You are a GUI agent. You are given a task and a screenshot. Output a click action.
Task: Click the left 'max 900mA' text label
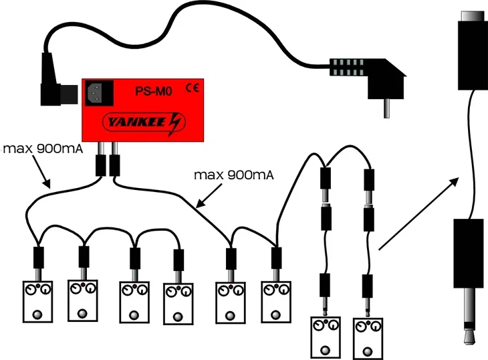(42, 147)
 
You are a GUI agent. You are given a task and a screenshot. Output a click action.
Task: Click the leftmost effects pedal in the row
(33, 302)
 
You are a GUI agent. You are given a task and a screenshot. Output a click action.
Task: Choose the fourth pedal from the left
(178, 303)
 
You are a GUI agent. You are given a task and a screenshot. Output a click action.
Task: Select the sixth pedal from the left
(275, 303)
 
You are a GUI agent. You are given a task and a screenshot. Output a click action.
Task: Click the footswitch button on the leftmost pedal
(33, 314)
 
